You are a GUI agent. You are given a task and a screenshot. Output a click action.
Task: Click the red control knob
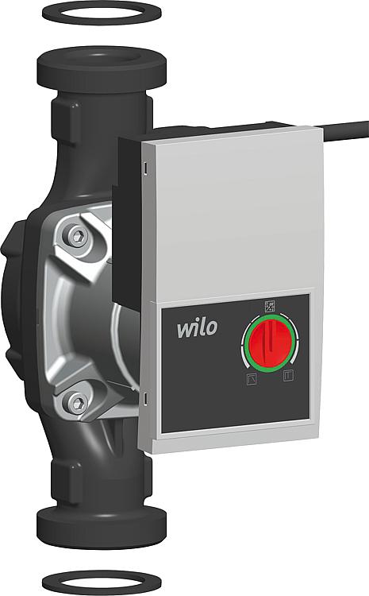click(x=270, y=343)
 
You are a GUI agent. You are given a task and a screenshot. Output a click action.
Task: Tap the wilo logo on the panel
click(x=198, y=328)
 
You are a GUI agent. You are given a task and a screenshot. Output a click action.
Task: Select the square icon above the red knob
click(x=270, y=306)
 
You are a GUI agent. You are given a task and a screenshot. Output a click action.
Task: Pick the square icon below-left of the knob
click(x=252, y=379)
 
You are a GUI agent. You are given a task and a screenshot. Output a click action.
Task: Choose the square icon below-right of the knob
click(x=289, y=376)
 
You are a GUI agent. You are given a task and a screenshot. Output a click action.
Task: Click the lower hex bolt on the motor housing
click(x=79, y=403)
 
